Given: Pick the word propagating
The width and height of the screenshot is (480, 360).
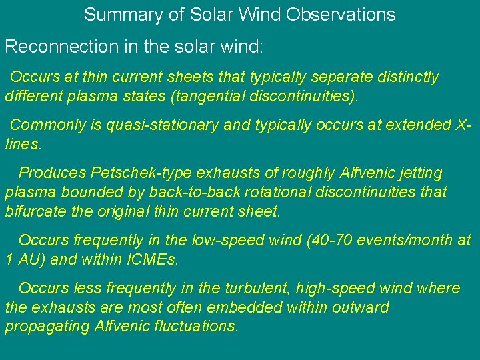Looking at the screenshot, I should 48,327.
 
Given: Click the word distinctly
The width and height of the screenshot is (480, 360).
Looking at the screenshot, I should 406,77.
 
